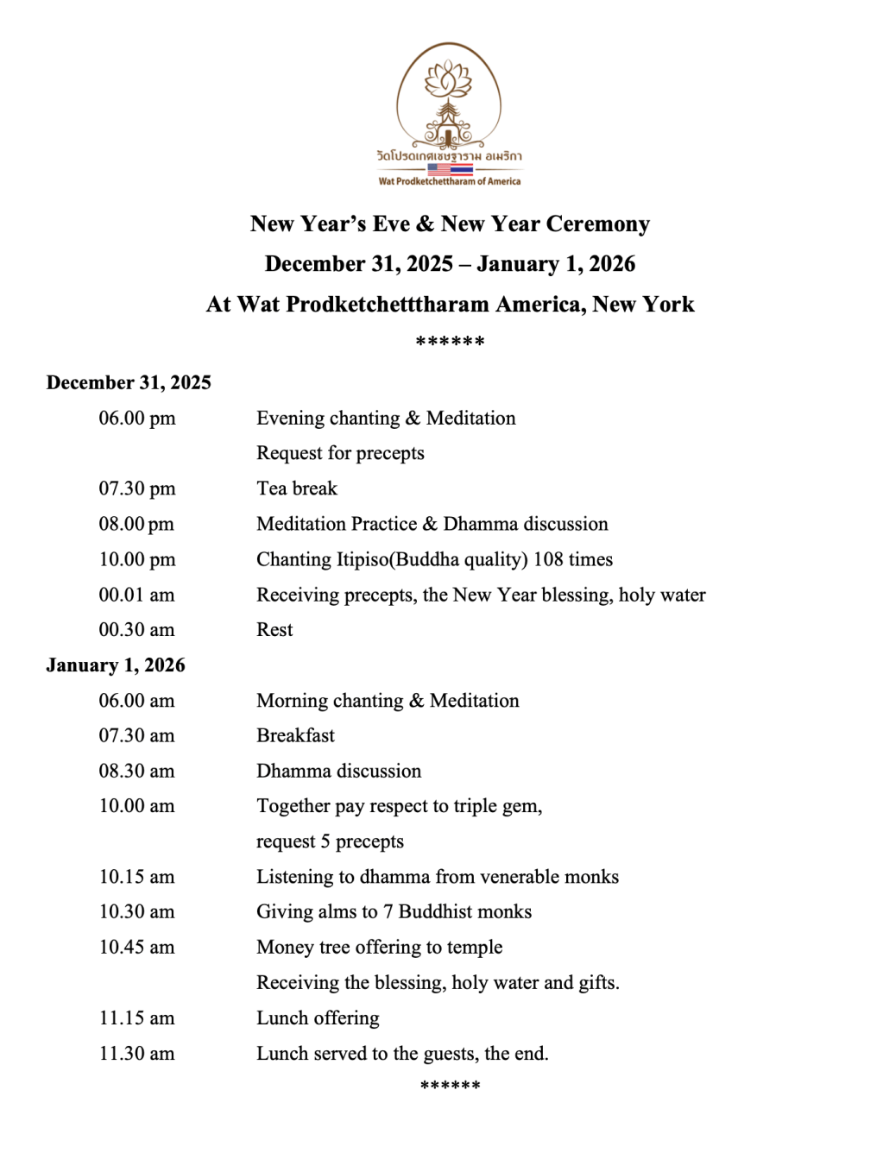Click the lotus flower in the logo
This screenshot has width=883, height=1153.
point(449,79)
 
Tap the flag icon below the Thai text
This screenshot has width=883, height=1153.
point(450,169)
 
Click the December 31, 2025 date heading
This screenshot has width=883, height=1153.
point(129,382)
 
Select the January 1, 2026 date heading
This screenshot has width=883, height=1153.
point(116,665)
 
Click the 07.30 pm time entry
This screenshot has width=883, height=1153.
point(136,488)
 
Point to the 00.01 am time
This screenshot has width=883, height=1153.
point(136,595)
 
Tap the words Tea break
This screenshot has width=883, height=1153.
point(296,488)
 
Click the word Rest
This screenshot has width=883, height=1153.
point(274,630)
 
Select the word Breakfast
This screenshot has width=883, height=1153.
point(295,735)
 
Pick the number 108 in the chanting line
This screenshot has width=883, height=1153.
point(548,559)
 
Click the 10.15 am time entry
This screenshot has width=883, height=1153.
point(136,877)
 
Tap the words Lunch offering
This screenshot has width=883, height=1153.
point(318,1018)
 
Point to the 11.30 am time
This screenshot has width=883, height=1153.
point(136,1054)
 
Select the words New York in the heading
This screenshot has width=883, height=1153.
point(643,305)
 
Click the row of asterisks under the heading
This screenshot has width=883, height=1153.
point(450,343)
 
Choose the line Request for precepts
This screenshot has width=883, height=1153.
point(340,453)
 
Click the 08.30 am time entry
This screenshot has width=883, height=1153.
point(136,771)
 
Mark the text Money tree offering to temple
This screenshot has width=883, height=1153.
point(379,948)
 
